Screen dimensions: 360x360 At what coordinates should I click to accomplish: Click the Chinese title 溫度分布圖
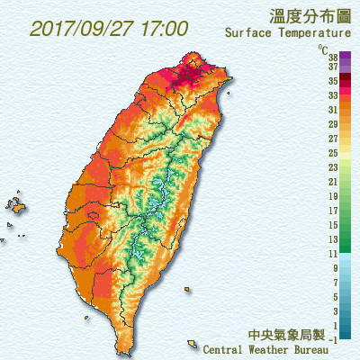tap(309, 15)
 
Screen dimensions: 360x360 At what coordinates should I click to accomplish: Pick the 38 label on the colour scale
tap(333, 55)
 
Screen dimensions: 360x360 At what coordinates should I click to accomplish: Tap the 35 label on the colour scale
tap(333, 80)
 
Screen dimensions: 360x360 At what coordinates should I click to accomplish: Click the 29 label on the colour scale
tap(333, 123)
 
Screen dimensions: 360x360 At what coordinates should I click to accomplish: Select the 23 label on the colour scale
tap(333, 167)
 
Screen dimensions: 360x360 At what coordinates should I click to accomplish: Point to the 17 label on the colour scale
tap(333, 211)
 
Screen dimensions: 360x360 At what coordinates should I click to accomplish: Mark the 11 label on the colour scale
tap(333, 254)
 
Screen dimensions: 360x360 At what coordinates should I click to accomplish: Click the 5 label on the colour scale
tap(335, 297)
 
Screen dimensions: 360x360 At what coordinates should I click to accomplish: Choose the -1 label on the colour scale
tap(333, 339)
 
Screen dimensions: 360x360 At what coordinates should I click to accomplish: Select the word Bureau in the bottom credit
tap(328, 349)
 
